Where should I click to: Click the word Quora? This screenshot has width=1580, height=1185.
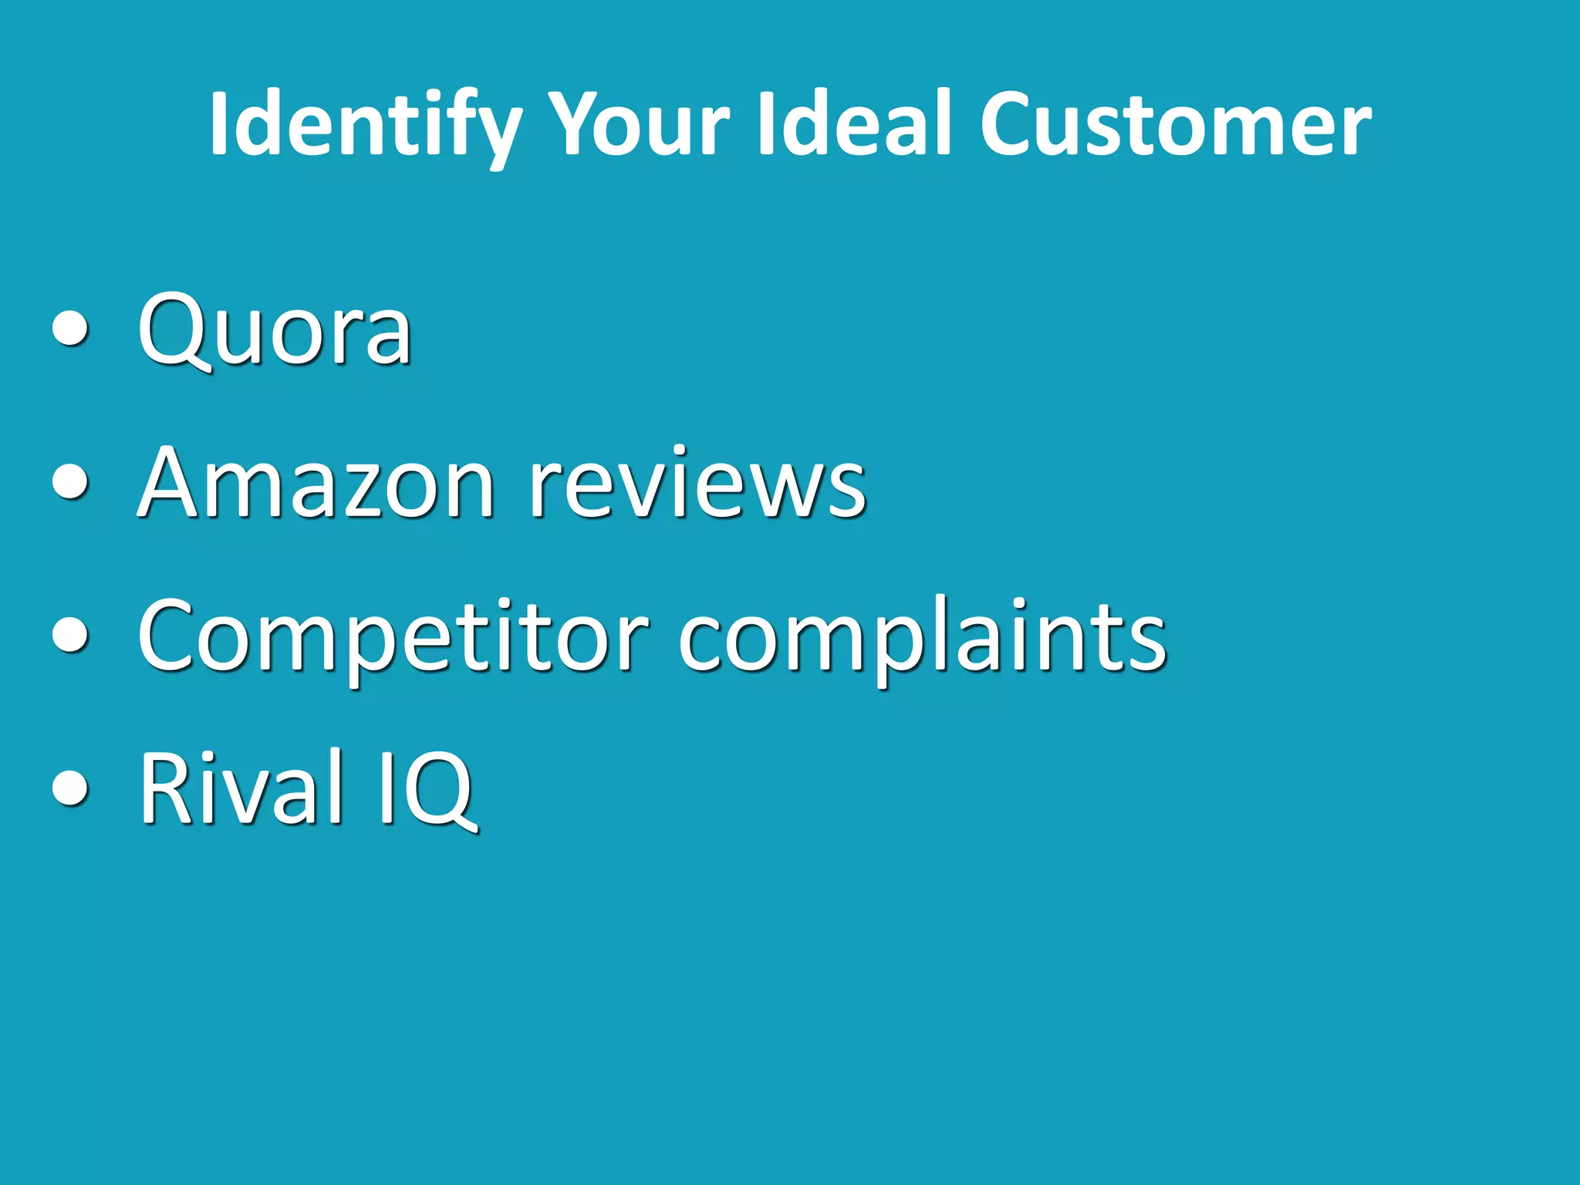click(275, 332)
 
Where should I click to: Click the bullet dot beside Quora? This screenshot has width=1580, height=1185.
click(71, 331)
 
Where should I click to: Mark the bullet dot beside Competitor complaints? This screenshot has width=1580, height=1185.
click(71, 636)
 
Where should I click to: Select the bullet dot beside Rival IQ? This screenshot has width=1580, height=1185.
click(71, 789)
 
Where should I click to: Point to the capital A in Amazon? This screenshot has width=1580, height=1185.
click(174, 483)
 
